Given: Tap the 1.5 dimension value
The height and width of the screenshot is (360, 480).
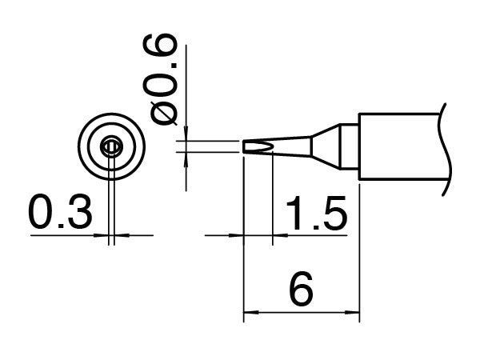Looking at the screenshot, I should tap(314, 214).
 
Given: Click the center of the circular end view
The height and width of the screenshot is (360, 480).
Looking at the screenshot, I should tap(112, 146).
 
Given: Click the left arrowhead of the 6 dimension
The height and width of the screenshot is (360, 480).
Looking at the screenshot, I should tap(249, 314).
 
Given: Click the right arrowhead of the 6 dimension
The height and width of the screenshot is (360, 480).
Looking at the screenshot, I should tap(357, 314).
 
